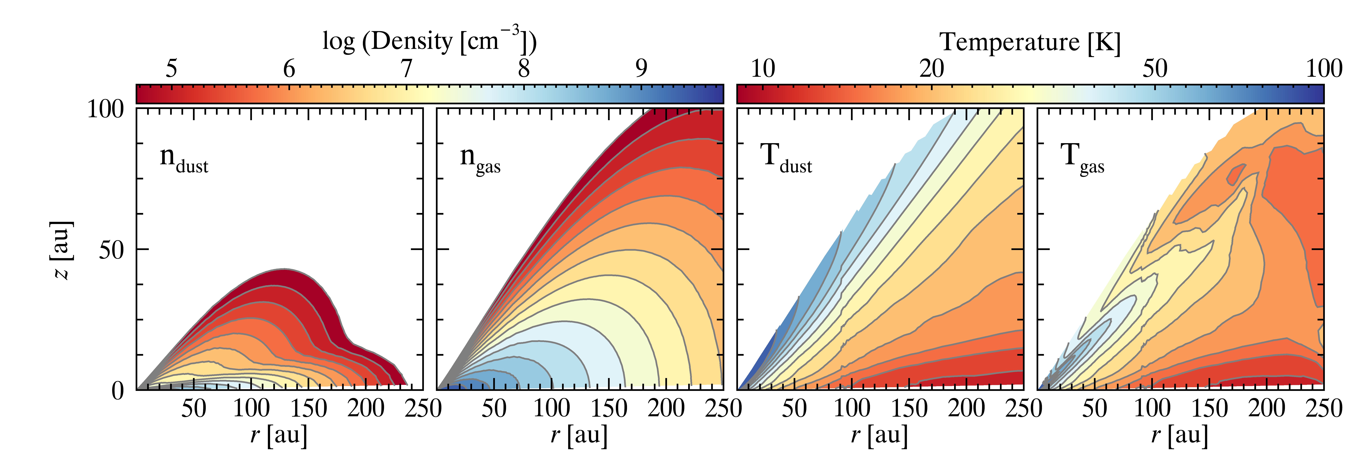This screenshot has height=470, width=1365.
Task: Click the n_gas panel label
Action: point(480,159)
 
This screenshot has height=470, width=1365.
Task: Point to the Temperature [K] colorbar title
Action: point(1030,42)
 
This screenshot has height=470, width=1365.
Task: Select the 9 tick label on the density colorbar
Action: point(641,69)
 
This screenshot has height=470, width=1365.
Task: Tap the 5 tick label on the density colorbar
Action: point(171,69)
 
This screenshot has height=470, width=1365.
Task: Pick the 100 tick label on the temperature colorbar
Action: point(1323,69)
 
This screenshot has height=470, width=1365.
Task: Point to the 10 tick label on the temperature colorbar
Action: point(762,69)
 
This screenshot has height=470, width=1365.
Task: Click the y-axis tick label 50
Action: point(111,249)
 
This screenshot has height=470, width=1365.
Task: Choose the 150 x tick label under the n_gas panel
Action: point(609,408)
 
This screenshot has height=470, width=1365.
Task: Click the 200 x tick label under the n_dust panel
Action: point(366,408)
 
